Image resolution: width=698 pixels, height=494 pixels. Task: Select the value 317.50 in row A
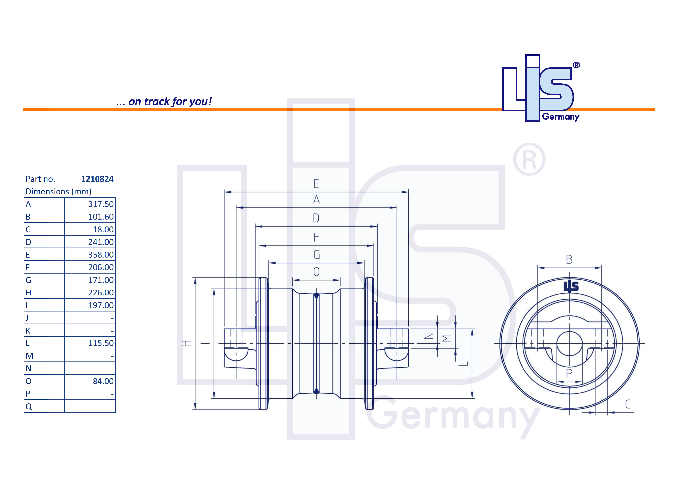(101, 204)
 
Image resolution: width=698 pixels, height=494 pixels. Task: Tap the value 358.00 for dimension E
(101, 255)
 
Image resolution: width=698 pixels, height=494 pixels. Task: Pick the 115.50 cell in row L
(101, 343)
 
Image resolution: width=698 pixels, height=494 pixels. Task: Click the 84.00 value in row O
(103, 381)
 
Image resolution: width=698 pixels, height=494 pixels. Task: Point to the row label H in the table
(29, 293)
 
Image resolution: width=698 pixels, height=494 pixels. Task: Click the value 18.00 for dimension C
(103, 229)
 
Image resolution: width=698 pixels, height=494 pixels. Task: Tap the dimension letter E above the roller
(316, 184)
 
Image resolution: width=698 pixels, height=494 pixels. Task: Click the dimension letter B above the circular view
(569, 259)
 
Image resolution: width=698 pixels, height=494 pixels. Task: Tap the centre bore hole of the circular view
(569, 344)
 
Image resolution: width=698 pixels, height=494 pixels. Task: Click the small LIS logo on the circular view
(571, 286)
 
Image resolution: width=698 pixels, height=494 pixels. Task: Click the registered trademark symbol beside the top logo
(576, 65)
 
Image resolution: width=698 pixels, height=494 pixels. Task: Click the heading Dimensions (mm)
(58, 192)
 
